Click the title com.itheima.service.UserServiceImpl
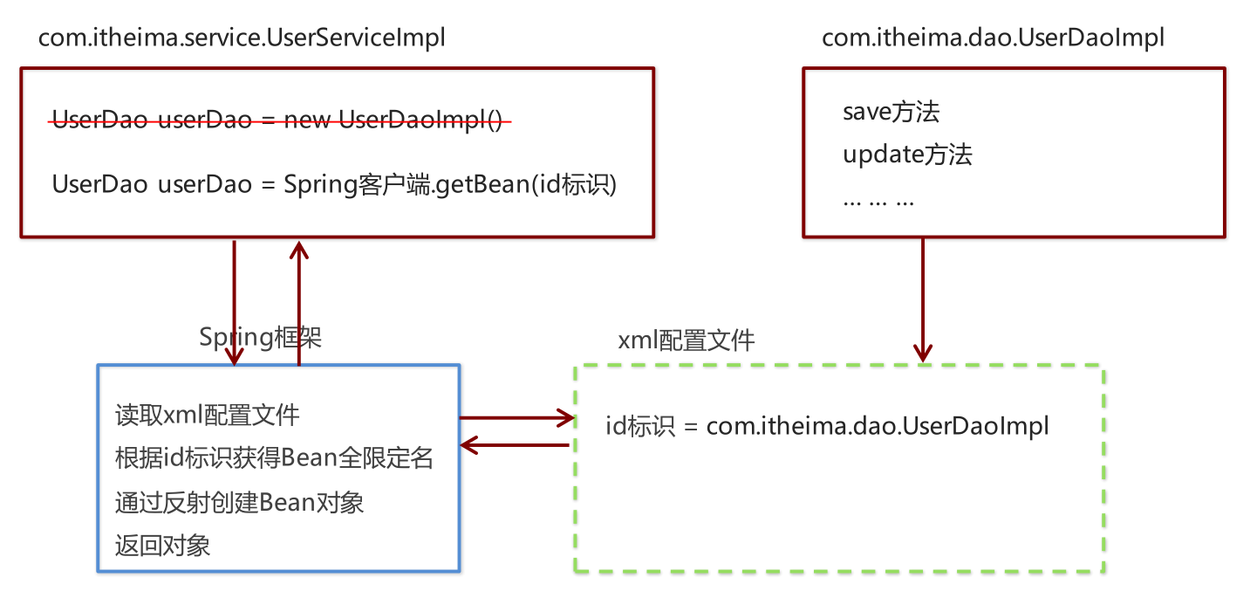[242, 38]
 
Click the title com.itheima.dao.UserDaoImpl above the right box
[993, 38]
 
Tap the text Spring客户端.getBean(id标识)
[450, 185]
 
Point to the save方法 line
[891, 112]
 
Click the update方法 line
[907, 155]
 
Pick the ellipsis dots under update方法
[878, 201]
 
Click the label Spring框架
[261, 337]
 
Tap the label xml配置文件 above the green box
[686, 340]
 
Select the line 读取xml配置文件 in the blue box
[207, 415]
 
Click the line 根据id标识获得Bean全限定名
[274, 458]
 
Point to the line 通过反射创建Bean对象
[239, 503]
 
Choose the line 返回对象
[162, 546]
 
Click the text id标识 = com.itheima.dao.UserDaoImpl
[827, 427]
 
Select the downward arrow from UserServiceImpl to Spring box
[234, 301]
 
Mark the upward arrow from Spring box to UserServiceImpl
[299, 301]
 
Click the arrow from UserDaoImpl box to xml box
[922, 297]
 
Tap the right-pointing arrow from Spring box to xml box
[515, 419]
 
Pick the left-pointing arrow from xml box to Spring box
[515, 445]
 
